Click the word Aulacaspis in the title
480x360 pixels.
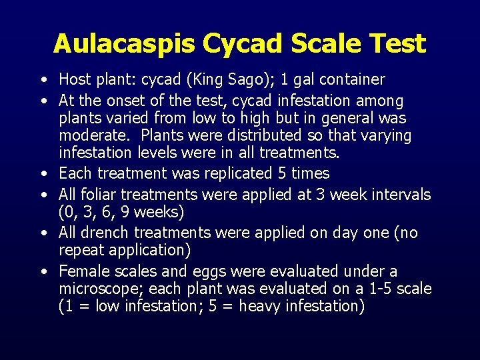click(x=125, y=43)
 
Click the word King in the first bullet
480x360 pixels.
click(x=213, y=80)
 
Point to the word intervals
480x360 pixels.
click(x=399, y=195)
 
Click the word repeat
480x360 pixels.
click(x=80, y=250)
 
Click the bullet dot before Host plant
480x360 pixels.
click(x=43, y=81)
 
